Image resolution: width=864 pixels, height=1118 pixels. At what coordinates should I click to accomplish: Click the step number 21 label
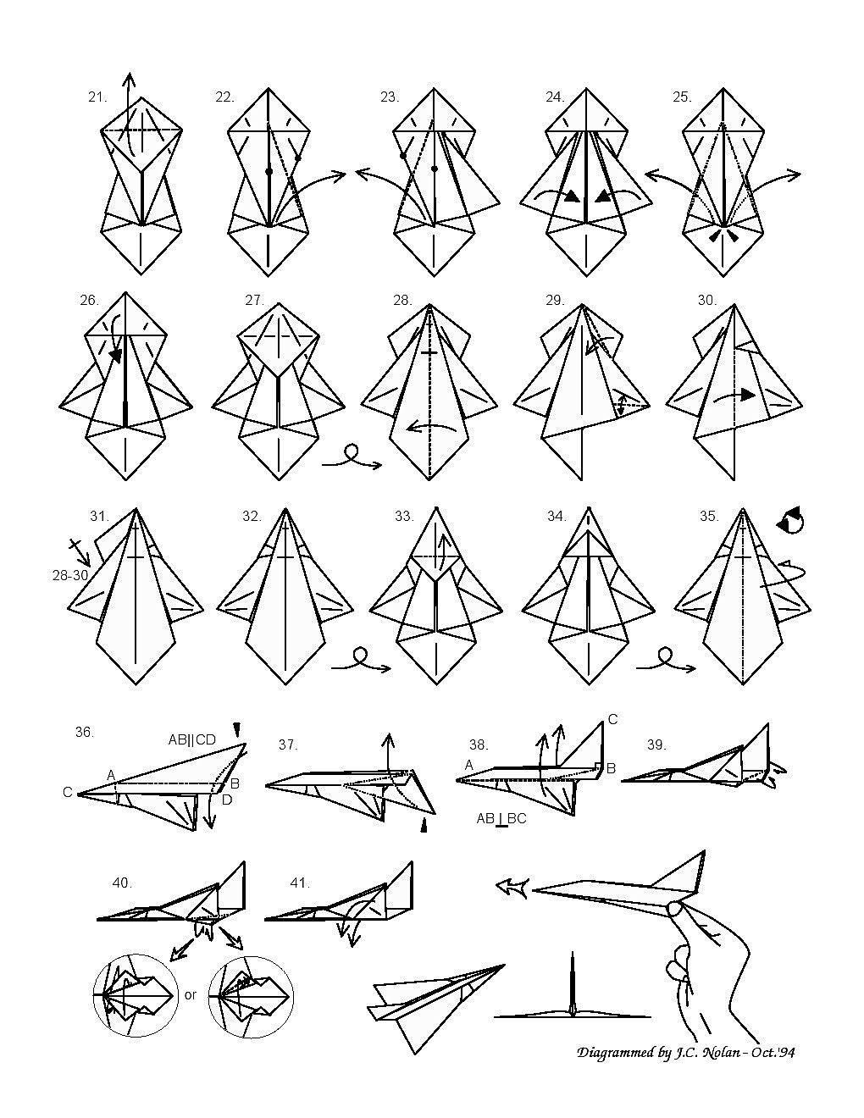click(97, 97)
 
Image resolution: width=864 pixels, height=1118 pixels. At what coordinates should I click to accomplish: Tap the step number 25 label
click(682, 97)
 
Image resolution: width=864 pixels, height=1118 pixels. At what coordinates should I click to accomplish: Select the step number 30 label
click(707, 301)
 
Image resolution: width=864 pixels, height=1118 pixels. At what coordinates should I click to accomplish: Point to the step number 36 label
click(85, 732)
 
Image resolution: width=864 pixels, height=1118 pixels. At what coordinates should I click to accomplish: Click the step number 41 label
click(300, 883)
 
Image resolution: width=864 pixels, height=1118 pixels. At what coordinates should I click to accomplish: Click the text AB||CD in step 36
click(192, 740)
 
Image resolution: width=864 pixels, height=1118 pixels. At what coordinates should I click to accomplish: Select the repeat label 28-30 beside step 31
click(70, 575)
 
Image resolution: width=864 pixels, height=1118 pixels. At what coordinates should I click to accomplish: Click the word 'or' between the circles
click(191, 995)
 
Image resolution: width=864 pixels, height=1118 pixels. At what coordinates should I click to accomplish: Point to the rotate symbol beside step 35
click(790, 520)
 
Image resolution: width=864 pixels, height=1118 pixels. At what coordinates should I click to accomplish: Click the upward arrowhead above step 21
click(129, 77)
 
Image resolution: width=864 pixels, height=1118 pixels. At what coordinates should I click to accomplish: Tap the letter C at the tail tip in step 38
click(612, 719)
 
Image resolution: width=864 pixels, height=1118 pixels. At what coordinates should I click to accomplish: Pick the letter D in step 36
click(227, 800)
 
